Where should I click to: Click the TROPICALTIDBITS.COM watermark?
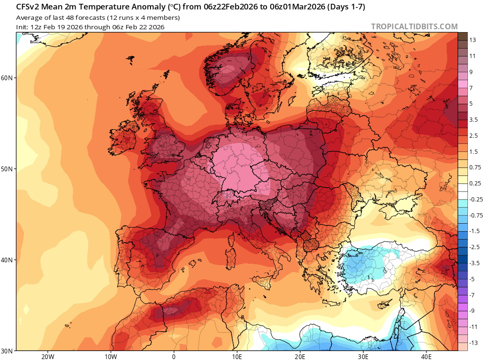pos(414,26)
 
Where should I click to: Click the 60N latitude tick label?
pos(8,77)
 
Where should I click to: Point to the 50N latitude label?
pos(8,168)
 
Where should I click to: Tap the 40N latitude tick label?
pos(8,260)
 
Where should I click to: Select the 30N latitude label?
pos(8,351)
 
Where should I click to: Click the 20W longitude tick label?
pos(48,356)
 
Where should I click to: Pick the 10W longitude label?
pos(111,356)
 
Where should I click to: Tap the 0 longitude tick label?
pos(174,356)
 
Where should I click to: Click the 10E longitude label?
pos(237,356)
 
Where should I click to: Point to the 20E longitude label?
pos(300,356)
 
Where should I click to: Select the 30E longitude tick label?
pos(363,356)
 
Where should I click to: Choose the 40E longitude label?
pos(426,356)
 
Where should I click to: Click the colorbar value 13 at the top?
pos(472,40)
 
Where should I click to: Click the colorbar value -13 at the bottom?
pos(474,342)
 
